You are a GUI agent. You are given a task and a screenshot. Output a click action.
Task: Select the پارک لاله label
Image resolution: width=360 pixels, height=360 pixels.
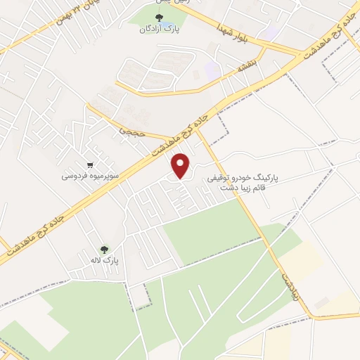click(x=105, y=260)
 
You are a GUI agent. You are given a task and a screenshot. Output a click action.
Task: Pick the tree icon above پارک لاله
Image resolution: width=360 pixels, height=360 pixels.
click(x=105, y=249)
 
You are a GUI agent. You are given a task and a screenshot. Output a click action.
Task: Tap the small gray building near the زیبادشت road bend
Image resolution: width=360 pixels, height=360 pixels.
click(x=320, y=303)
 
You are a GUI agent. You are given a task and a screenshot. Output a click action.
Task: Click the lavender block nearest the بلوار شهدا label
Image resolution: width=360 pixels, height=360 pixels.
click(x=267, y=32)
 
